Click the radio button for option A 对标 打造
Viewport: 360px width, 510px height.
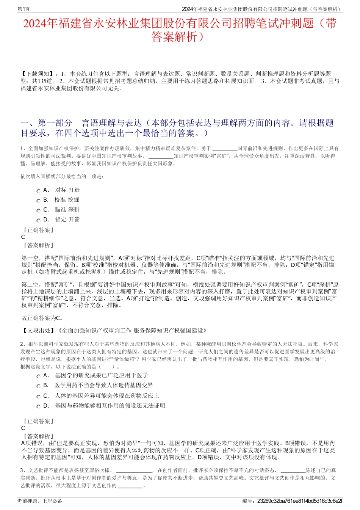pos(38,191)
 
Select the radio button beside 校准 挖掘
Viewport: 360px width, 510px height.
pos(38,201)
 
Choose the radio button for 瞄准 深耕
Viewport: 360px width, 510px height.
pos(38,211)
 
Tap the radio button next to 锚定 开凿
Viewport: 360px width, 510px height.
pos(38,221)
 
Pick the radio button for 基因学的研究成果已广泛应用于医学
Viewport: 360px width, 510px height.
pos(38,377)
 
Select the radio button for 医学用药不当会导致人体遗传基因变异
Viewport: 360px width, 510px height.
pos(38,386)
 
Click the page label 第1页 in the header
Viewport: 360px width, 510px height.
pos(24,9)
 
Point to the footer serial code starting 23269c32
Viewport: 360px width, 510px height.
pos(299,501)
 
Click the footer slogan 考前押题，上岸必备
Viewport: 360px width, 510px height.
pos(40,501)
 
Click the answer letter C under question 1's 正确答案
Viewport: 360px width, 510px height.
pos(23,237)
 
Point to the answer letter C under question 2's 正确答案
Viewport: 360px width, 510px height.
pos(23,428)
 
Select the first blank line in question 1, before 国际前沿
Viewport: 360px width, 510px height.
pos(225,149)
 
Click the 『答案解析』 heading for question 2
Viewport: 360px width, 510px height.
pos(38,436)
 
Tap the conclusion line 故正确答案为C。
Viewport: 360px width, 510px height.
pos(42,318)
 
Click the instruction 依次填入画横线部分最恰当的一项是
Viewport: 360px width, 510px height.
pos(62,176)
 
